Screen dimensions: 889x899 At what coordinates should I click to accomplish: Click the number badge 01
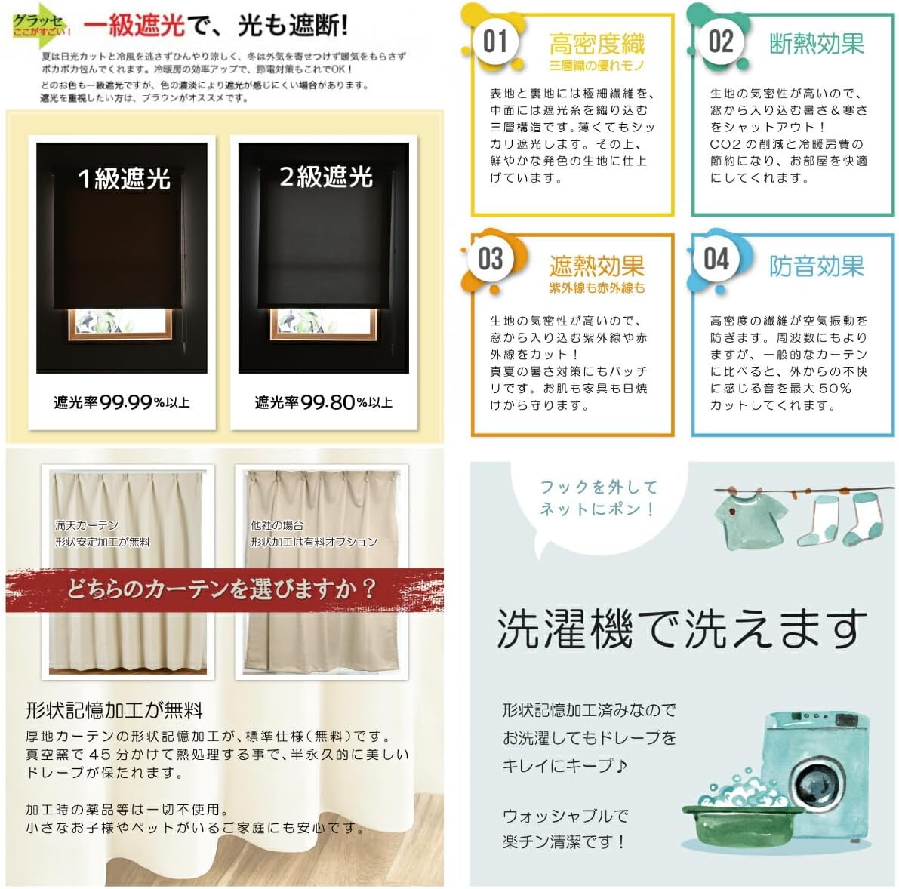pos(495,42)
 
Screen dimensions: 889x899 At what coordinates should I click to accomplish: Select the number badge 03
pos(491,259)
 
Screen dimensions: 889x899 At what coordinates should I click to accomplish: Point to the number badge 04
pos(716,259)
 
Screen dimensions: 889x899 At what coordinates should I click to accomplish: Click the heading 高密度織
pos(596,45)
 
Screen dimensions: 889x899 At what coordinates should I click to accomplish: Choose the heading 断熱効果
pos(816,45)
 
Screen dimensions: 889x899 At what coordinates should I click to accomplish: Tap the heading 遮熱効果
pos(596,266)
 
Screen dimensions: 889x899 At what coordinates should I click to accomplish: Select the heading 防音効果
pos(816,266)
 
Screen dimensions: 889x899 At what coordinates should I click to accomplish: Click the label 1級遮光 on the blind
pos(124,179)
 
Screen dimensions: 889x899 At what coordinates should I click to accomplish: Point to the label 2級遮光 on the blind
pos(325,177)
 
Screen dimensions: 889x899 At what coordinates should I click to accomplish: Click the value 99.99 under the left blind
pos(126,402)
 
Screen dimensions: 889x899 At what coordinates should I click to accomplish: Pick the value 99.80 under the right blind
pos(328,402)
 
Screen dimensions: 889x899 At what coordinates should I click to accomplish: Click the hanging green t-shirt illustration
pos(743,521)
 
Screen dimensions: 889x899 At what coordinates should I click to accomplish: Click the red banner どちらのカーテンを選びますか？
pos(222,589)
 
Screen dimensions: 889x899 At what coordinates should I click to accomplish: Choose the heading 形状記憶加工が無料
pos(115,710)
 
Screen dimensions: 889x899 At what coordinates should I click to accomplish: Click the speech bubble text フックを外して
pos(599,487)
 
